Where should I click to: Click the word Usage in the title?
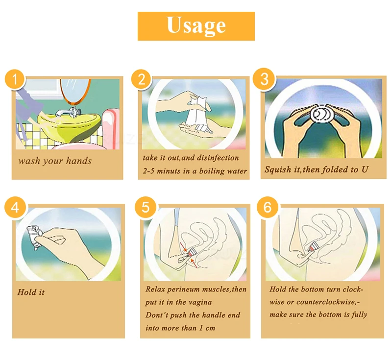(196, 25)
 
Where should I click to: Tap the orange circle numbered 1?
(15, 79)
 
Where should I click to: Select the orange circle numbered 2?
(142, 79)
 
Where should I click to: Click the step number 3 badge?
(264, 79)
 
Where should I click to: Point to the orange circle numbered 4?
(15, 207)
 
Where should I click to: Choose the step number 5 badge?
(146, 207)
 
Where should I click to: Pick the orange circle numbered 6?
(267, 207)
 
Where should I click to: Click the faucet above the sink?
(68, 112)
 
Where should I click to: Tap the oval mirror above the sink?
(75, 92)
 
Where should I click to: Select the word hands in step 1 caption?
(79, 161)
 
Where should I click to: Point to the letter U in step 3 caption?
(365, 169)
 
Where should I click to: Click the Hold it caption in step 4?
(31, 292)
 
